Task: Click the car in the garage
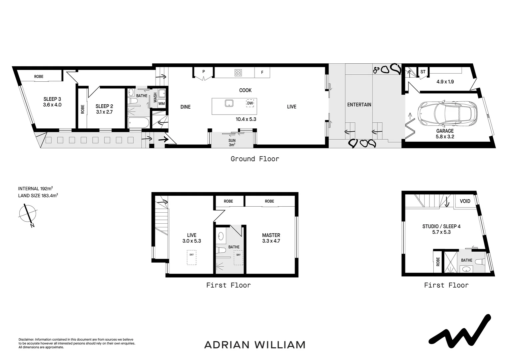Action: [x=447, y=113]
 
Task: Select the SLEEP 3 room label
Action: [x=52, y=102]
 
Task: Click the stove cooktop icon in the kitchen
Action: [x=238, y=73]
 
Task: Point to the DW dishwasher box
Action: [x=250, y=103]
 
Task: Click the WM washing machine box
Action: [x=162, y=104]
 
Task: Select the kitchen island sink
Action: [x=229, y=103]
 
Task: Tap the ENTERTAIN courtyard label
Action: [x=359, y=105]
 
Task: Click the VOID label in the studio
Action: [x=465, y=201]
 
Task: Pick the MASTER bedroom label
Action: [x=271, y=235]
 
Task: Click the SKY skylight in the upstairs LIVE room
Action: [x=192, y=258]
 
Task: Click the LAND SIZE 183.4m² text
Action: [x=38, y=196]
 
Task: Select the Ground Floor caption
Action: [x=255, y=159]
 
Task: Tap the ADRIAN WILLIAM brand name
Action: [x=255, y=345]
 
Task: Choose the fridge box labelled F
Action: [x=262, y=72]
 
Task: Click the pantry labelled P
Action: [x=203, y=72]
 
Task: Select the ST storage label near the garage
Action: [x=423, y=72]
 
